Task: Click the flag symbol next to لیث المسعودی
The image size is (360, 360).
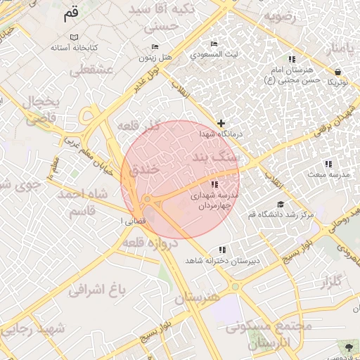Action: [214, 44]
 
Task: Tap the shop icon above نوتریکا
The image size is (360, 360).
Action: [337, 72]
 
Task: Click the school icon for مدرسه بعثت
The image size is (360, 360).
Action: [328, 163]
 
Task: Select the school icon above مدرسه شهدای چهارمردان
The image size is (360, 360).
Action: [214, 184]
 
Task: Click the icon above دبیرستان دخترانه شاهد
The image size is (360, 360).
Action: [222, 250]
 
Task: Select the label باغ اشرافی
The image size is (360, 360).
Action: [96, 288]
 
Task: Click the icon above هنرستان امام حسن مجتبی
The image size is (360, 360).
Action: [292, 59]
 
